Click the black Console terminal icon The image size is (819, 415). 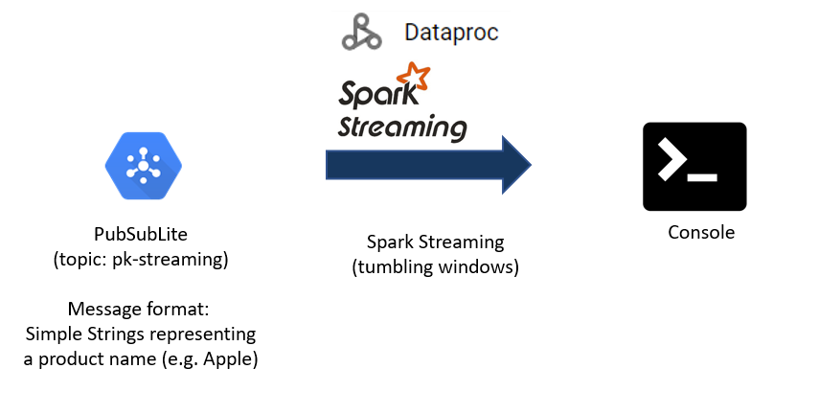(x=694, y=167)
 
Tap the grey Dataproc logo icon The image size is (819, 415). (x=362, y=33)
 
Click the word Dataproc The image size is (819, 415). (x=451, y=33)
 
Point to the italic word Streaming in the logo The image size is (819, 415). (x=402, y=127)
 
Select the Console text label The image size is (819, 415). (x=701, y=232)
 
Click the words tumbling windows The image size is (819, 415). (x=437, y=267)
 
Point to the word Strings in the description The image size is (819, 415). (x=125, y=334)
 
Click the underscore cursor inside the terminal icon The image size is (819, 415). (x=705, y=179)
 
